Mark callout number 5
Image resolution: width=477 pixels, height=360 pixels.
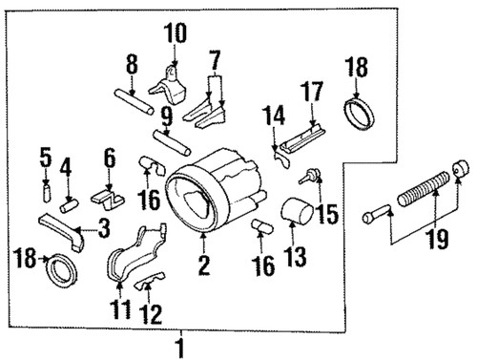click(x=45, y=155)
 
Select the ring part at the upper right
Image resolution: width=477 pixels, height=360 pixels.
click(x=360, y=121)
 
